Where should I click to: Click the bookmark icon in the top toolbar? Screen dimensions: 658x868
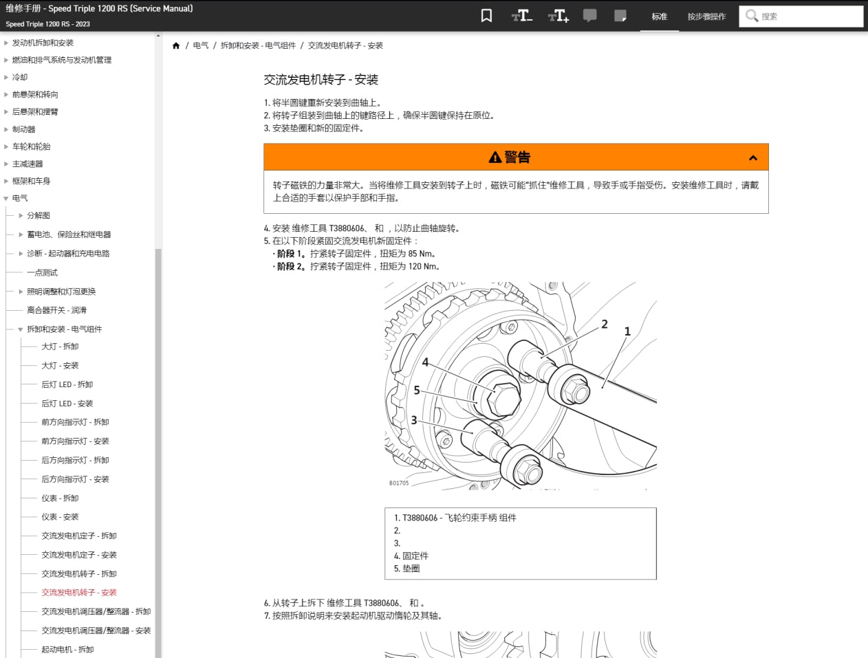tap(486, 16)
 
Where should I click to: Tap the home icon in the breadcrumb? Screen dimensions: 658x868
tap(176, 46)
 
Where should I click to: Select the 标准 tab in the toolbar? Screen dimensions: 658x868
tap(659, 17)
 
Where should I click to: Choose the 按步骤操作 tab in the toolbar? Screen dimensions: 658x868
tap(706, 17)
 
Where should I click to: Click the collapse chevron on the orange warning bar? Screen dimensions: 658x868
tap(752, 158)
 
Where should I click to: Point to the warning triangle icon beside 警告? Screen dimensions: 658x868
tap(495, 158)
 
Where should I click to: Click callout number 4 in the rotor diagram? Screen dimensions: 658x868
tap(425, 362)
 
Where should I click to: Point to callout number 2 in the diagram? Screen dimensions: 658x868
tap(605, 325)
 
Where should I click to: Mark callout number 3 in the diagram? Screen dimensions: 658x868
tap(414, 420)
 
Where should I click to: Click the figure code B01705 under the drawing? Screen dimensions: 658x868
tap(399, 483)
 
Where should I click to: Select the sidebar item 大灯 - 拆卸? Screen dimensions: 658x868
tap(60, 347)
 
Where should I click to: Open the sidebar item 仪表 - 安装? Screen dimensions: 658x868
tap(60, 517)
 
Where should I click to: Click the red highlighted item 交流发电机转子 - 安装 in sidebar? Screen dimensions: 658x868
tap(79, 593)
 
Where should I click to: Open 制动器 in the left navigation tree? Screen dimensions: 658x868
tap(23, 129)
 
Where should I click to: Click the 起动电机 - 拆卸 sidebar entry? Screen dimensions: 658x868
tap(67, 650)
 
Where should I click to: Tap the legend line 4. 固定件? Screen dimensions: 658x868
tap(411, 556)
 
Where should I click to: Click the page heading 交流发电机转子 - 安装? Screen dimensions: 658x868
tap(321, 80)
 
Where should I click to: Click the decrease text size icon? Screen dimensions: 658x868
tap(521, 16)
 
